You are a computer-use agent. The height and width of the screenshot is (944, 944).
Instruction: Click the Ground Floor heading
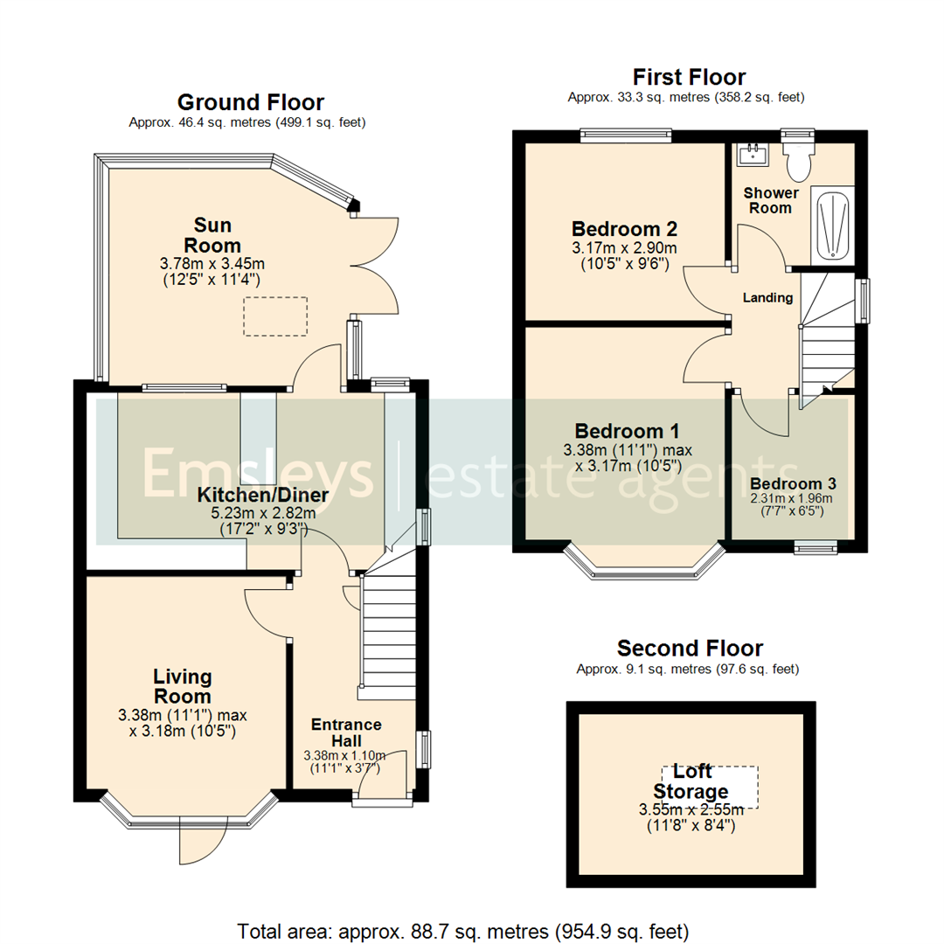pyautogui.click(x=250, y=102)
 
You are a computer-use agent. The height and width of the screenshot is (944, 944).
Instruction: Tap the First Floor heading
pyautogui.click(x=689, y=77)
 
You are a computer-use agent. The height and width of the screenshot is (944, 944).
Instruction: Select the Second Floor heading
pyautogui.click(x=689, y=648)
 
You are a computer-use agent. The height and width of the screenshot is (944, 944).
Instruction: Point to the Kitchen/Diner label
pyautogui.click(x=262, y=496)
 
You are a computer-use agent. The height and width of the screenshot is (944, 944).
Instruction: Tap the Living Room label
pyautogui.click(x=182, y=686)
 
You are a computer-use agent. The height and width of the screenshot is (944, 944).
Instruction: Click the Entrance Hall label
pyautogui.click(x=347, y=732)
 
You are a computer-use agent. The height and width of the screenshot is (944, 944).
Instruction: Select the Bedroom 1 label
pyautogui.click(x=627, y=431)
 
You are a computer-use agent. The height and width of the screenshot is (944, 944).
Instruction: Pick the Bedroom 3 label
pyautogui.click(x=793, y=483)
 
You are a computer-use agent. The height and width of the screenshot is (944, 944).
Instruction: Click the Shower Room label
pyautogui.click(x=770, y=200)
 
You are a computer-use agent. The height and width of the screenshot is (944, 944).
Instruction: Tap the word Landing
pyautogui.click(x=767, y=297)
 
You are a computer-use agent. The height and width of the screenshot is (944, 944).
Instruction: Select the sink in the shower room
pyautogui.click(x=751, y=156)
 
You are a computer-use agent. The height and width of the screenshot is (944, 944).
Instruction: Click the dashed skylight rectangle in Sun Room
pyautogui.click(x=275, y=316)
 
